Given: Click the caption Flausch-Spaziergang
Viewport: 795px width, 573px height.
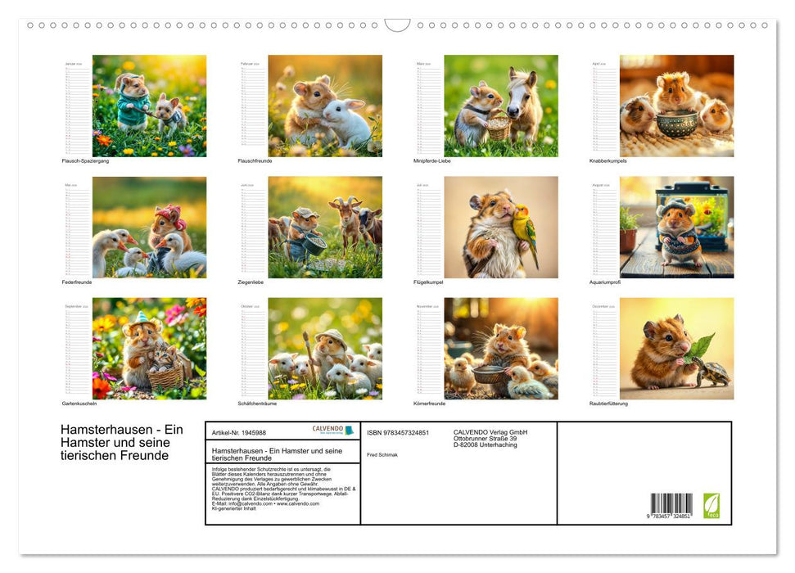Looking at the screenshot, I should point(85,160).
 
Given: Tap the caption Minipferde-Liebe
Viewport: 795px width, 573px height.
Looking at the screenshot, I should point(432,160).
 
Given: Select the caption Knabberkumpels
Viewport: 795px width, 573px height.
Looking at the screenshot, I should point(608,160).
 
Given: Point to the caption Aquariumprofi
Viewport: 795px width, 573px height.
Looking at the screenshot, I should point(606,282).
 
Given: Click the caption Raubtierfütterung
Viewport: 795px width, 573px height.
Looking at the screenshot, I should point(608,404).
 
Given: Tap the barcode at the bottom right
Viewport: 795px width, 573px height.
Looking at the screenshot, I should point(671,503).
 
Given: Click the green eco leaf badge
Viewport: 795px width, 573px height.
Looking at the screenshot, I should point(711,505).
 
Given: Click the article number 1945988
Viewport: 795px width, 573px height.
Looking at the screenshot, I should point(238,432).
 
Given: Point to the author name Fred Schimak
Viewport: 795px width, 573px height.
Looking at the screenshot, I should point(382,454).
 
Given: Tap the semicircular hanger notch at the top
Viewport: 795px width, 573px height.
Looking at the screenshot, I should point(397,25).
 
